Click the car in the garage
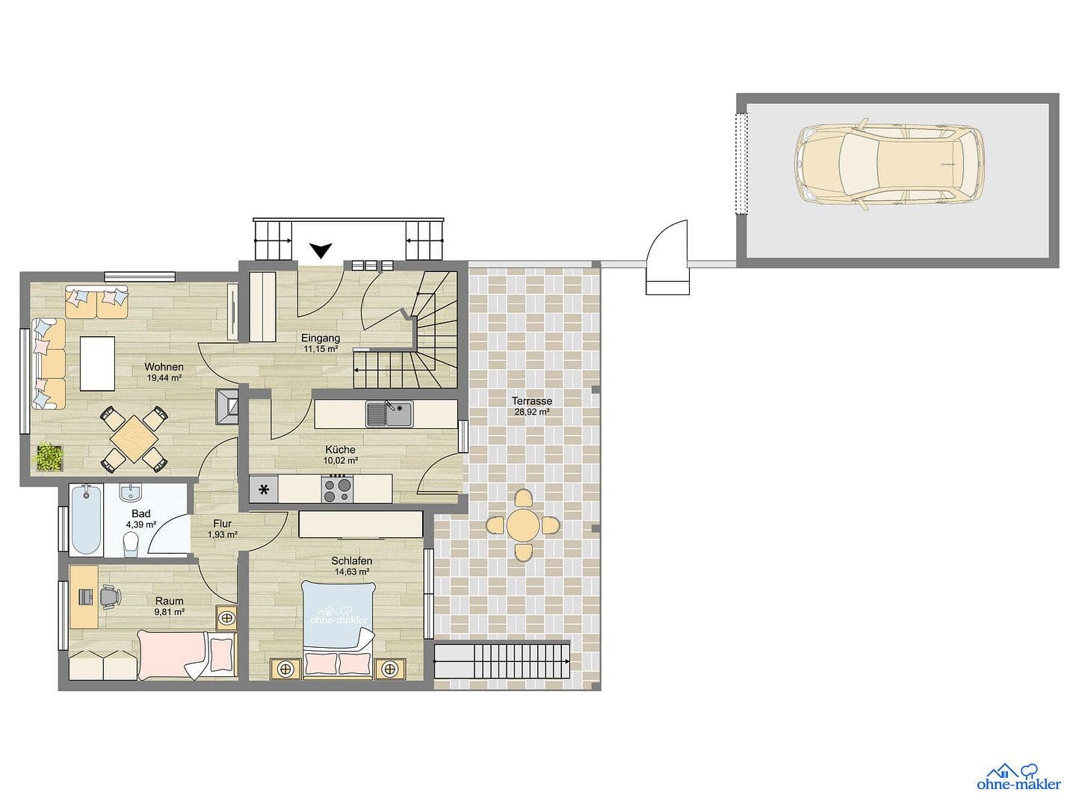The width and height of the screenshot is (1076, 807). click(889, 164)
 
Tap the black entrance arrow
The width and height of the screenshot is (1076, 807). click(321, 250)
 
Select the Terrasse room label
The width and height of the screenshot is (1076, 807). click(533, 401)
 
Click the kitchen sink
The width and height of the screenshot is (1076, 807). click(389, 413)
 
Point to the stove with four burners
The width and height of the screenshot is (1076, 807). click(337, 489)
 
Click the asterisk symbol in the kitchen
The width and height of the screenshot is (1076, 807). click(264, 490)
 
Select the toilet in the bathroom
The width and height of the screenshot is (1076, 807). click(132, 543)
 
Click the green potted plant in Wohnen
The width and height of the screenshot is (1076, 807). click(49, 457)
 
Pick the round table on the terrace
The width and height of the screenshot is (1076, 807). click(523, 525)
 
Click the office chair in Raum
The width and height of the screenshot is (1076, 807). click(109, 596)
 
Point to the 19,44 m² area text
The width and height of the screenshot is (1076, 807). click(164, 378)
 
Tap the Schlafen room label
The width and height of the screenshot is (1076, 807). click(352, 561)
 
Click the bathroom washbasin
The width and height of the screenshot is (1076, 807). click(131, 492)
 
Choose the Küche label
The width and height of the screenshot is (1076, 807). click(340, 450)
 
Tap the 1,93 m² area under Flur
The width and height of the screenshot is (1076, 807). click(222, 534)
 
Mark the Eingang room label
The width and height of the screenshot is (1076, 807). click(321, 338)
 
